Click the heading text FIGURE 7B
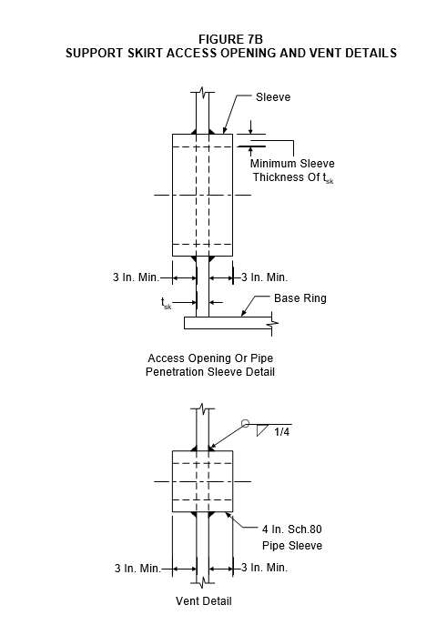230,39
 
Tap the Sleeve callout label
273,97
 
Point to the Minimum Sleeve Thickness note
292,170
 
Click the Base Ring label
300,298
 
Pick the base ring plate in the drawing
228,323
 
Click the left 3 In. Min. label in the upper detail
136,277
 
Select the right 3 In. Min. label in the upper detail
265,277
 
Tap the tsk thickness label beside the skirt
167,303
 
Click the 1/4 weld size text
282,432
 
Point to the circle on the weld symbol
245,424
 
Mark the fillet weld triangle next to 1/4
262,430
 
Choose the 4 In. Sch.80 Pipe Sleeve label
292,538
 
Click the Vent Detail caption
203,601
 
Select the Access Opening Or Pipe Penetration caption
210,365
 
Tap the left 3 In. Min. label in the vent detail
137,569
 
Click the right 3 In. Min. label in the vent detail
265,568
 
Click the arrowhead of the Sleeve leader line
224,130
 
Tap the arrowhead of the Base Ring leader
243,314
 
